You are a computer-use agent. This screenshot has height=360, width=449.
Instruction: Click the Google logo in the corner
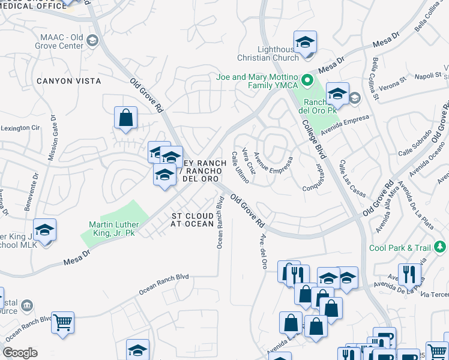pyautogui.click(x=20, y=353)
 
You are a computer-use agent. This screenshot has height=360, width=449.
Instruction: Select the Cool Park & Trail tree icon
pyautogui.click(x=441, y=247)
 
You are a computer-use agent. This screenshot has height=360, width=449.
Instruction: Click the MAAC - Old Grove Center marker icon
pyautogui.click(x=92, y=40)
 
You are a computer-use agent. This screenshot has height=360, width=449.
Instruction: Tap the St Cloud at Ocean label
pyautogui.click(x=192, y=220)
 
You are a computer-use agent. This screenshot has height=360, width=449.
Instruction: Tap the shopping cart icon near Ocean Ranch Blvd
pyautogui.click(x=62, y=322)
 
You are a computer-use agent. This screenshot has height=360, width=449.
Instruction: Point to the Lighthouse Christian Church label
pyautogui.click(x=277, y=53)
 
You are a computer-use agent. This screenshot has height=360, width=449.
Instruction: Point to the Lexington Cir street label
pyautogui.click(x=20, y=128)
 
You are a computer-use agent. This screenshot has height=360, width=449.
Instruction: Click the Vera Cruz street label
pyautogui.click(x=249, y=161)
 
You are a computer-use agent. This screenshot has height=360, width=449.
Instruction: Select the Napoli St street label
pyautogui.click(x=429, y=76)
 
